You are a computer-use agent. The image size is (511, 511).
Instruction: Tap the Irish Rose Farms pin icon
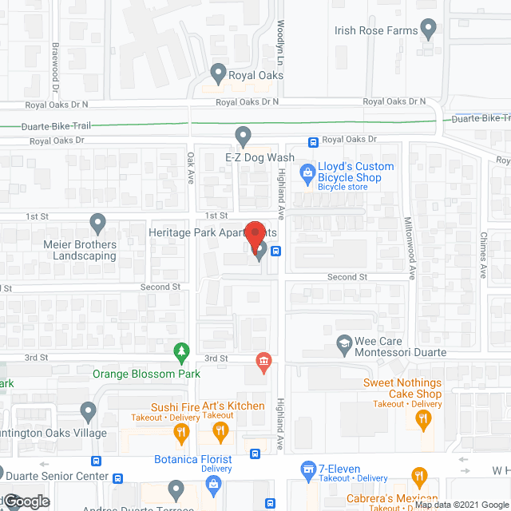click(x=429, y=31)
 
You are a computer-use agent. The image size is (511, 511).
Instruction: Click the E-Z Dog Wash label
click(x=259, y=158)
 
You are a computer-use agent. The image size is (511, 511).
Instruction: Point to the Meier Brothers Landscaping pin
click(x=97, y=223)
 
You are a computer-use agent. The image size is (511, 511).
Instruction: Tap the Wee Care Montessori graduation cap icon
click(x=344, y=343)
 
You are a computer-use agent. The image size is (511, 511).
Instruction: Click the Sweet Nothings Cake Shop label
click(x=402, y=388)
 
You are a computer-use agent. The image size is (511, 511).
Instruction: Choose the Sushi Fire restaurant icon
click(x=181, y=433)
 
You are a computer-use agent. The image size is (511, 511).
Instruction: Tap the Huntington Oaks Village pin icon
click(x=89, y=412)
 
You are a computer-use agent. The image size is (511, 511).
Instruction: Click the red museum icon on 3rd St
click(x=262, y=362)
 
